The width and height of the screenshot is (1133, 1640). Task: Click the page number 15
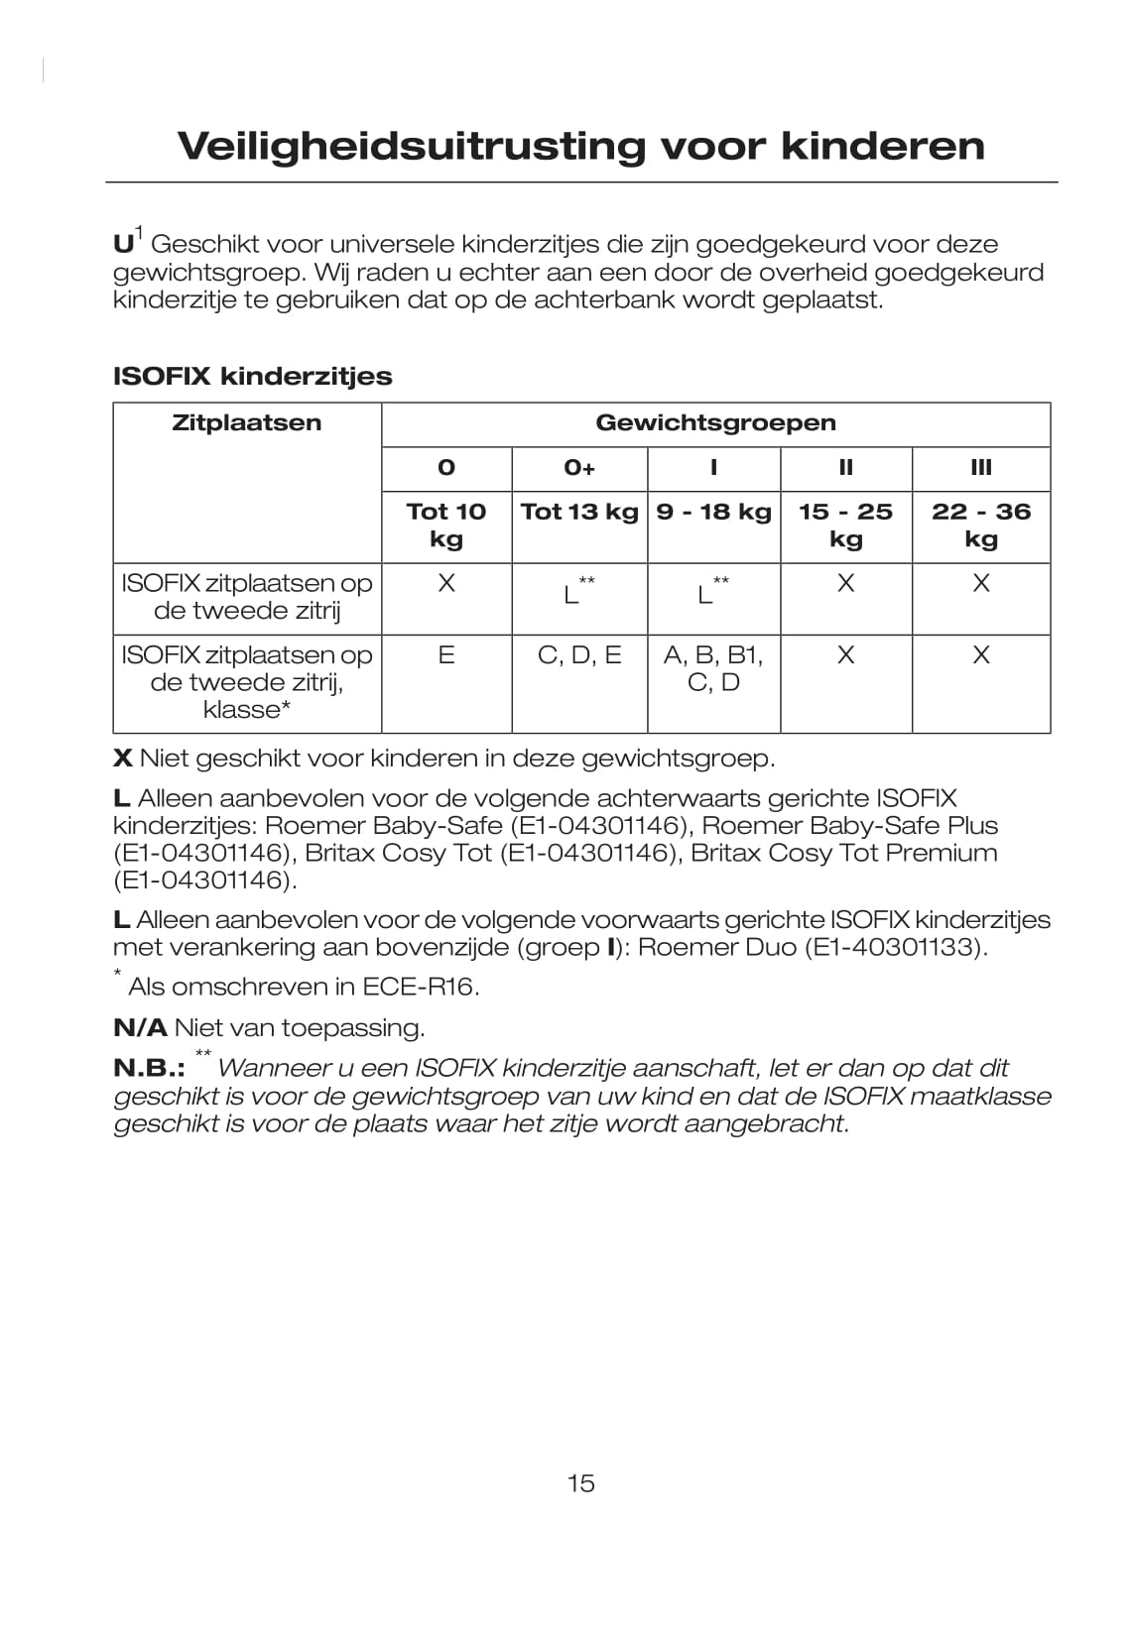pyautogui.click(x=580, y=1483)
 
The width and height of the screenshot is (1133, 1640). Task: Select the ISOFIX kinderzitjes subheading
pyautogui.click(x=253, y=376)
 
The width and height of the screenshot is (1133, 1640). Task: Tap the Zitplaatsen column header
pyautogui.click(x=247, y=423)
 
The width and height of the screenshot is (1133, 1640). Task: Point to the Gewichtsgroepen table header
pyautogui.click(x=715, y=423)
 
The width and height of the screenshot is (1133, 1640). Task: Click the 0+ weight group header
pyautogui.click(x=579, y=467)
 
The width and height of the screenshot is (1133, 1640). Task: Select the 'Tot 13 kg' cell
pyautogui.click(x=579, y=512)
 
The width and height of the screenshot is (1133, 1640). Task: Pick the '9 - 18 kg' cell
pyautogui.click(x=713, y=512)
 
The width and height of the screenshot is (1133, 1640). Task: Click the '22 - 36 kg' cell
pyautogui.click(x=980, y=525)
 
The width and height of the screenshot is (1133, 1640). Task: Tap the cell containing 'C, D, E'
pyautogui.click(x=579, y=655)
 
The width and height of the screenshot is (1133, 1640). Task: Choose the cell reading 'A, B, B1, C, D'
pyautogui.click(x=713, y=668)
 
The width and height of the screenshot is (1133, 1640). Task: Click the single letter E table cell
pyautogui.click(x=446, y=655)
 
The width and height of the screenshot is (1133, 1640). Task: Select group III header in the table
pyautogui.click(x=980, y=467)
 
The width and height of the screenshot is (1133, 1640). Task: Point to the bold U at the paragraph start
pyautogui.click(x=123, y=245)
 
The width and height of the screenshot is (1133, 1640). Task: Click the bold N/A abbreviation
pyautogui.click(x=140, y=1028)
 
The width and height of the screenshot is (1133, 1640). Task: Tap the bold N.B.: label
pyautogui.click(x=149, y=1069)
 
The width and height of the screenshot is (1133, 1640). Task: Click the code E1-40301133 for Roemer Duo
pyautogui.click(x=892, y=948)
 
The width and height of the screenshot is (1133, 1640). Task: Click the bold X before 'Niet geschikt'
pyautogui.click(x=123, y=760)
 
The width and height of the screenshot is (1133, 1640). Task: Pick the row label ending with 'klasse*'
pyautogui.click(x=247, y=682)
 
